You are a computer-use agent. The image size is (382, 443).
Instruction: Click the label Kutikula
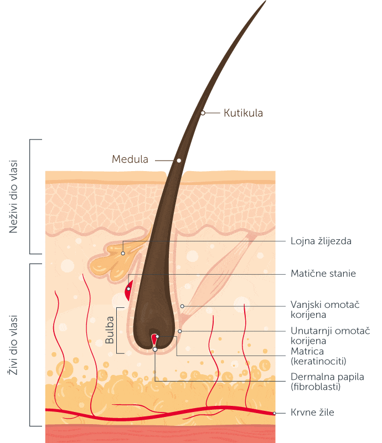coord(243,113)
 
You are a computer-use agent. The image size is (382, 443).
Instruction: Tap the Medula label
coord(130,159)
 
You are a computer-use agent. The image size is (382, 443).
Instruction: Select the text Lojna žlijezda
coord(321,241)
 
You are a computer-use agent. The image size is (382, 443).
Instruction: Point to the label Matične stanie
coord(323,274)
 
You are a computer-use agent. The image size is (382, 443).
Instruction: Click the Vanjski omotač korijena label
coord(325,310)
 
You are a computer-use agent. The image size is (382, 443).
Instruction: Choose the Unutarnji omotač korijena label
coord(331,336)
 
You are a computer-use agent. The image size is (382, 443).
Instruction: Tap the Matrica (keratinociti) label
coord(318,356)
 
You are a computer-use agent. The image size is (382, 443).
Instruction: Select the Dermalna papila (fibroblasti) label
coord(327,382)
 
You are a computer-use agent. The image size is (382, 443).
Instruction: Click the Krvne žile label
coord(312,413)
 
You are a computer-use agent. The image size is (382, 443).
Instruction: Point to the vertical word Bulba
coord(110,330)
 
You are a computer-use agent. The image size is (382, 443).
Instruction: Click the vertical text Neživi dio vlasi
coord(13,197)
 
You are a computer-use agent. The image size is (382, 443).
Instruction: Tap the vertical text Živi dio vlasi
coord(13,345)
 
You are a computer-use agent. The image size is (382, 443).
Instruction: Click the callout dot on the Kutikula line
coord(203,113)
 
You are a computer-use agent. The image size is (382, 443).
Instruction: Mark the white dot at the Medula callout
coord(179,161)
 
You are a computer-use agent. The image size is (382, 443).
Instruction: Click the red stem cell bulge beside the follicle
coord(129,290)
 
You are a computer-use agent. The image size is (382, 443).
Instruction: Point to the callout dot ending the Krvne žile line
coord(275,413)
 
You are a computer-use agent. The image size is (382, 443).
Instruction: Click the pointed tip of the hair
coord(266,1)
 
